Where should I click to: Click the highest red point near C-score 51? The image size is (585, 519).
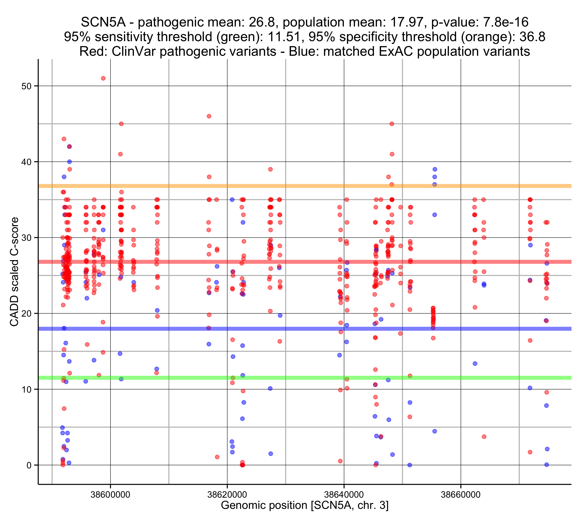[103, 78]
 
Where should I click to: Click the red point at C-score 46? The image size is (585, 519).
[209, 116]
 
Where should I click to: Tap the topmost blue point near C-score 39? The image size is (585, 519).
[435, 169]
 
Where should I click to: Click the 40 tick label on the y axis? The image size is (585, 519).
[26, 162]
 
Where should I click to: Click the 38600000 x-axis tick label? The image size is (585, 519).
[110, 494]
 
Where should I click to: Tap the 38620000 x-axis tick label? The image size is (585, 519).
[227, 494]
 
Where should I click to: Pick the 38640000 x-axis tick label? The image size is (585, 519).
[344, 494]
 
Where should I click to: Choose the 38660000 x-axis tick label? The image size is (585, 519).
[461, 494]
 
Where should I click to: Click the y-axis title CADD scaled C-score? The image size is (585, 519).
[14, 272]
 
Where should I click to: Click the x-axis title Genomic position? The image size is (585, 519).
[304, 506]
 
